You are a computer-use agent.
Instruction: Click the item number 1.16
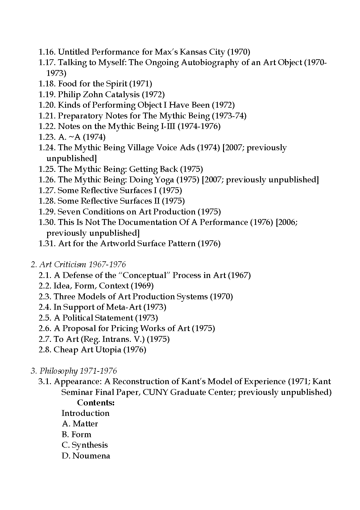[47, 52]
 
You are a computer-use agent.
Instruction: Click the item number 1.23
[47, 137]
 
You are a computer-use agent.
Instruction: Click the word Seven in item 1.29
[69, 212]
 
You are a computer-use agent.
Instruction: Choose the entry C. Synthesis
[85, 445]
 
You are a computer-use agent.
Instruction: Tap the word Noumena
[91, 456]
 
